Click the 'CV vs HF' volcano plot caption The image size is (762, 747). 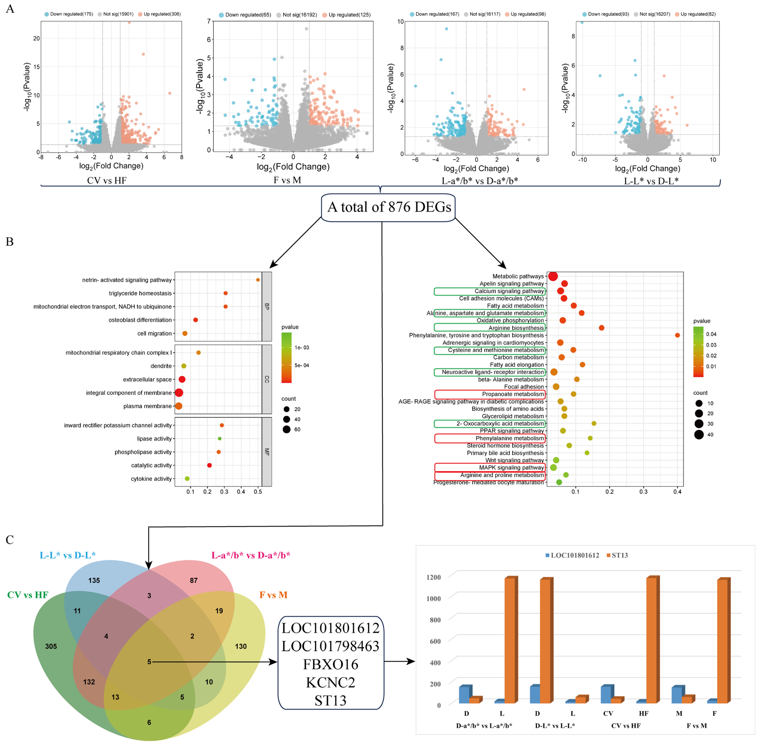pyautogui.click(x=107, y=181)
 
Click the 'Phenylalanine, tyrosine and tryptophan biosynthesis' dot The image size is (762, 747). pyautogui.click(x=677, y=335)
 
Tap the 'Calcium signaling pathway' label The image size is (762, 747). pyautogui.click(x=509, y=291)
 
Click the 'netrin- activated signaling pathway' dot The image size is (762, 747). pyautogui.click(x=258, y=280)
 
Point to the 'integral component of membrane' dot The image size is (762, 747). pyautogui.click(x=179, y=393)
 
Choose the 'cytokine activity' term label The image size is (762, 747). pyautogui.click(x=151, y=479)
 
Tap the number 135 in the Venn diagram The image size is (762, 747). pyautogui.click(x=94, y=580)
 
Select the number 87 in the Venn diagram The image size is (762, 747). pyautogui.click(x=194, y=580)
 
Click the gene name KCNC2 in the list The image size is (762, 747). pyautogui.click(x=331, y=683)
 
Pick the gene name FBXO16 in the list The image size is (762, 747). pyautogui.click(x=331, y=665)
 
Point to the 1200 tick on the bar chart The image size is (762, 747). pyautogui.click(x=433, y=577)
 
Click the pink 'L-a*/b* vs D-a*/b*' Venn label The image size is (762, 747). pyautogui.click(x=251, y=555)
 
